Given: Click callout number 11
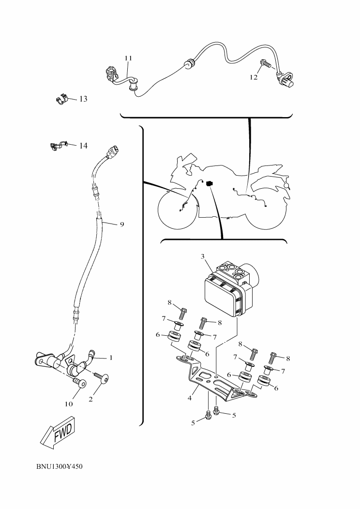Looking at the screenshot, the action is pyautogui.click(x=128, y=58).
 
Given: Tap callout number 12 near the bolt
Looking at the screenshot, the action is pyautogui.click(x=254, y=77).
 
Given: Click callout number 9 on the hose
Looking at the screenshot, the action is pyautogui.click(x=122, y=225).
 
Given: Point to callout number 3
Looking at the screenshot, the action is pyautogui.click(x=203, y=256).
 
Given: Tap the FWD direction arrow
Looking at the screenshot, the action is pyautogui.click(x=59, y=432).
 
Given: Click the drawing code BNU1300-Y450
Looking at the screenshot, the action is pyautogui.click(x=60, y=467).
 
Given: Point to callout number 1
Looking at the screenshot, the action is pyautogui.click(x=111, y=358).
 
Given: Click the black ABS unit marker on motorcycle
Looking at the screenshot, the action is pyautogui.click(x=210, y=184).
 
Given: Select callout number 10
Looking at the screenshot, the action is pyautogui.click(x=69, y=404).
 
